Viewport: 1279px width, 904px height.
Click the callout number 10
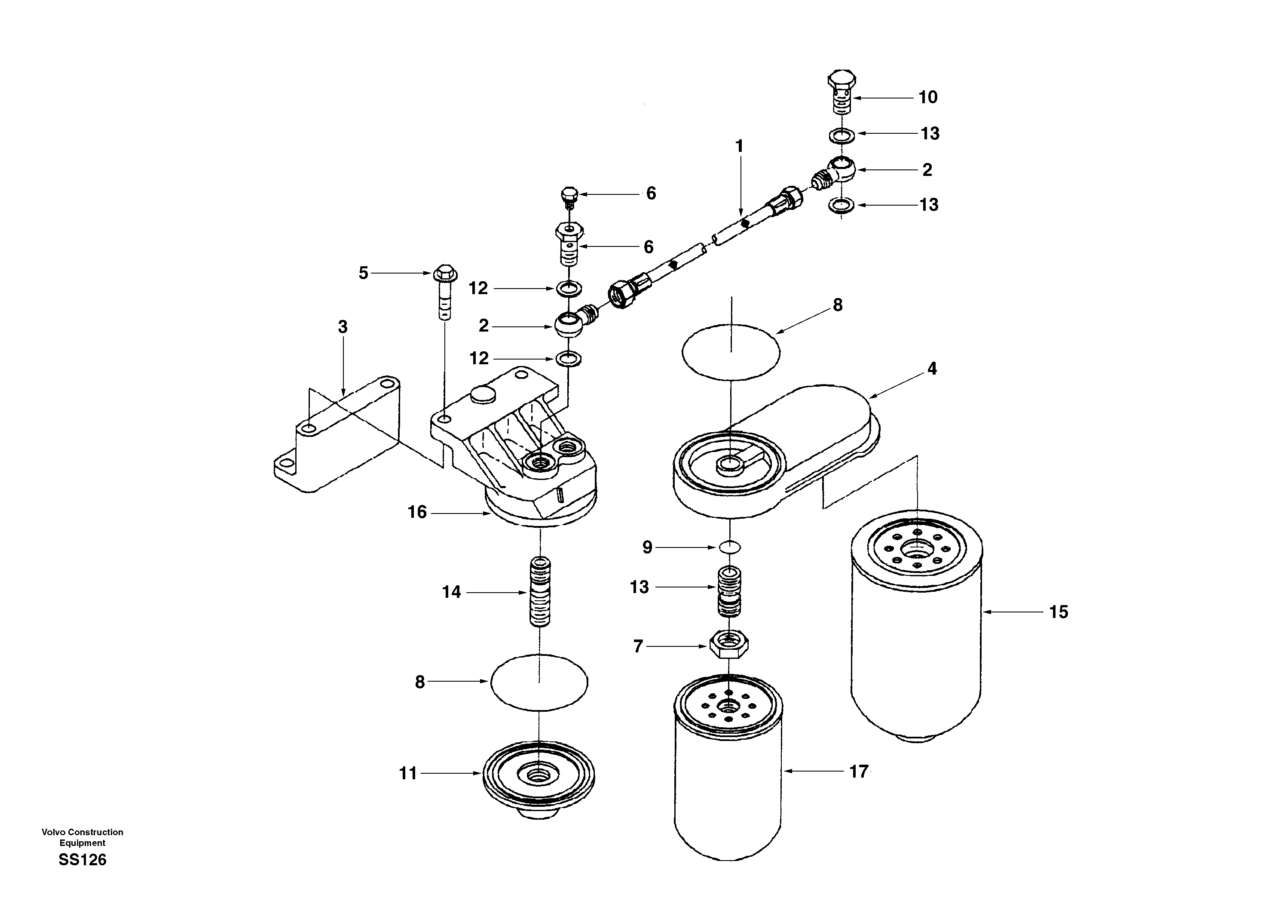pyautogui.click(x=928, y=98)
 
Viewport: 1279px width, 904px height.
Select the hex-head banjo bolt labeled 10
pyautogui.click(x=841, y=92)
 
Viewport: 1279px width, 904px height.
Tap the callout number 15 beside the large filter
pyautogui.click(x=1059, y=612)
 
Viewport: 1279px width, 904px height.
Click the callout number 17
pyautogui.click(x=858, y=772)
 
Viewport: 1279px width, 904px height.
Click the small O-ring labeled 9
pyautogui.click(x=730, y=548)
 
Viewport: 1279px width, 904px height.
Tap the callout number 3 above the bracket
pyautogui.click(x=343, y=327)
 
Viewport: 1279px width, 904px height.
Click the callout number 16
pyautogui.click(x=417, y=512)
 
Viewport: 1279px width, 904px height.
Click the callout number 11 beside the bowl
pyautogui.click(x=408, y=774)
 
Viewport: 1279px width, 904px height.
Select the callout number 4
pyautogui.click(x=932, y=369)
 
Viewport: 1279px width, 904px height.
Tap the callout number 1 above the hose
pyautogui.click(x=739, y=147)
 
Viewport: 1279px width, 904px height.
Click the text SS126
pyautogui.click(x=83, y=860)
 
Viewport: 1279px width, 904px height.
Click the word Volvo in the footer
pyautogui.click(x=53, y=832)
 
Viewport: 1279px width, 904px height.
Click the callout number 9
pyautogui.click(x=647, y=547)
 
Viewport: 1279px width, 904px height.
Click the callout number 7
pyautogui.click(x=638, y=646)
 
